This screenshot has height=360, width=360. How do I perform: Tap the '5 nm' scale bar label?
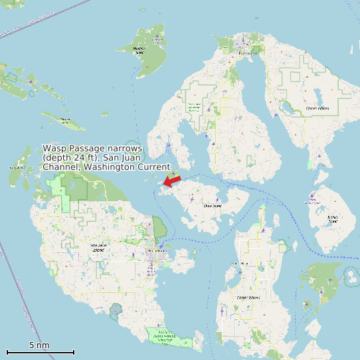click(x=40, y=345)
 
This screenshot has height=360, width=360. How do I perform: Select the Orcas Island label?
click(x=317, y=108)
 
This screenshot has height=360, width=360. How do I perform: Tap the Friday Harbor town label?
click(x=157, y=251)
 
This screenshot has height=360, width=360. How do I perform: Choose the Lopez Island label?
click(x=247, y=297)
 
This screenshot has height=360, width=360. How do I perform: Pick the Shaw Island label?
click(x=212, y=206)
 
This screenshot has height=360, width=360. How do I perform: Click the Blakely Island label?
click(x=333, y=217)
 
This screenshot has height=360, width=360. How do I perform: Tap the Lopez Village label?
click(x=237, y=264)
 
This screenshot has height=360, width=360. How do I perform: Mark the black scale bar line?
click(x=40, y=352)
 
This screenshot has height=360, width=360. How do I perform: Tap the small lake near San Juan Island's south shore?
click(x=118, y=309)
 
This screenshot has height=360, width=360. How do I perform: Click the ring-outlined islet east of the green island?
click(x=349, y=274)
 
